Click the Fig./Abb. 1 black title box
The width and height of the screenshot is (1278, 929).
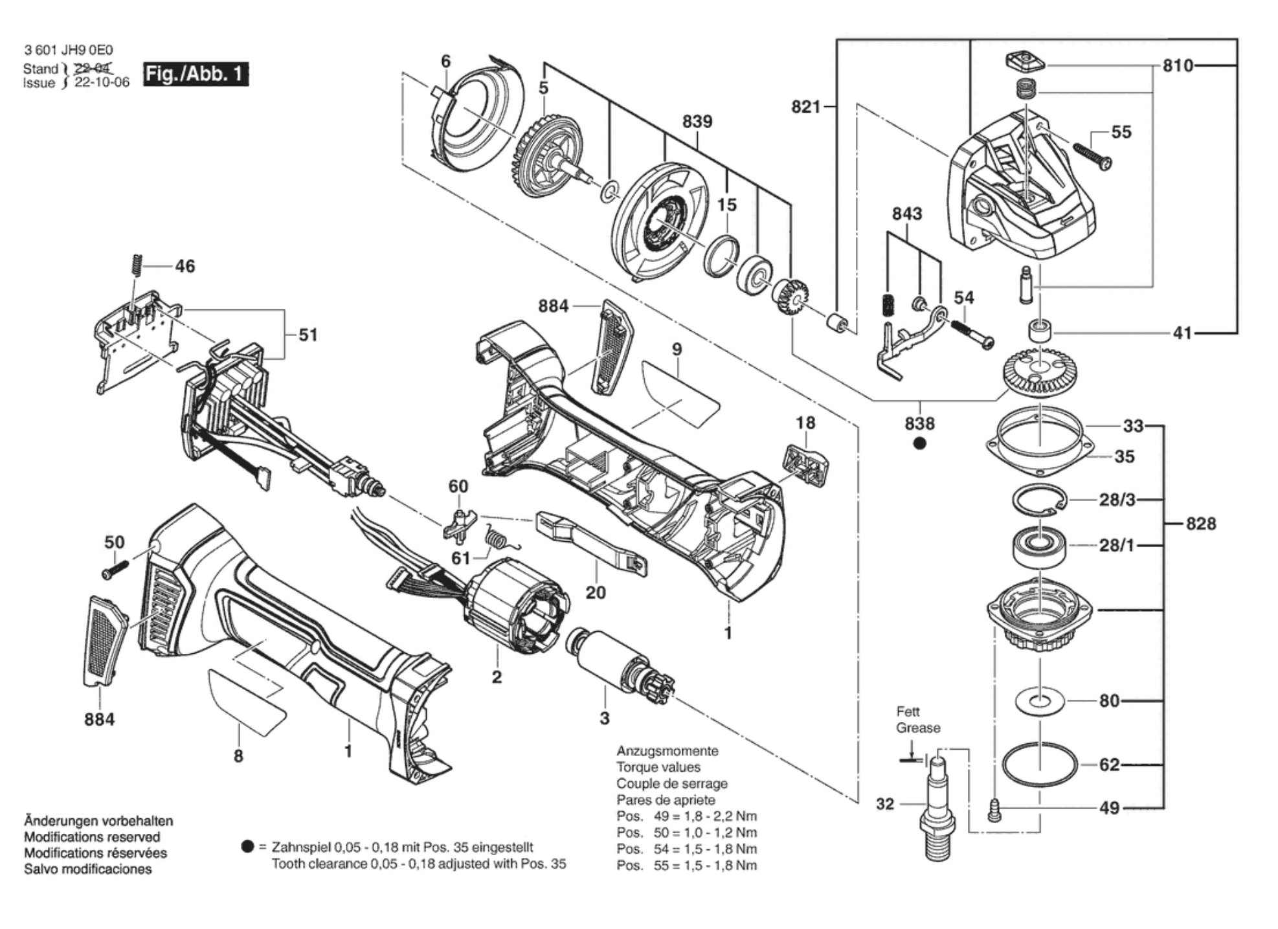(x=196, y=74)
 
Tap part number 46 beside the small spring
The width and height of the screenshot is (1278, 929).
(x=185, y=266)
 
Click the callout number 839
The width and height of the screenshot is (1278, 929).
(x=697, y=122)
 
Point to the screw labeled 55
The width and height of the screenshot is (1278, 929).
(x=1093, y=155)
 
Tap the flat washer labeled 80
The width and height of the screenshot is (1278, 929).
(x=1040, y=700)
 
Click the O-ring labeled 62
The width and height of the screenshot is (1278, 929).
(x=1040, y=765)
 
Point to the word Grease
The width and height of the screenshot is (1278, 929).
(x=918, y=728)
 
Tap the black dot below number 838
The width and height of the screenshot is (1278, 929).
(x=919, y=443)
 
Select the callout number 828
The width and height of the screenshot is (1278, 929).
(x=1201, y=523)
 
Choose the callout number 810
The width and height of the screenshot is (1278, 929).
(x=1178, y=65)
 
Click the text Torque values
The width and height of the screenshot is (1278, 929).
(x=658, y=767)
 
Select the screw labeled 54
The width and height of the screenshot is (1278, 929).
(x=972, y=333)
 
